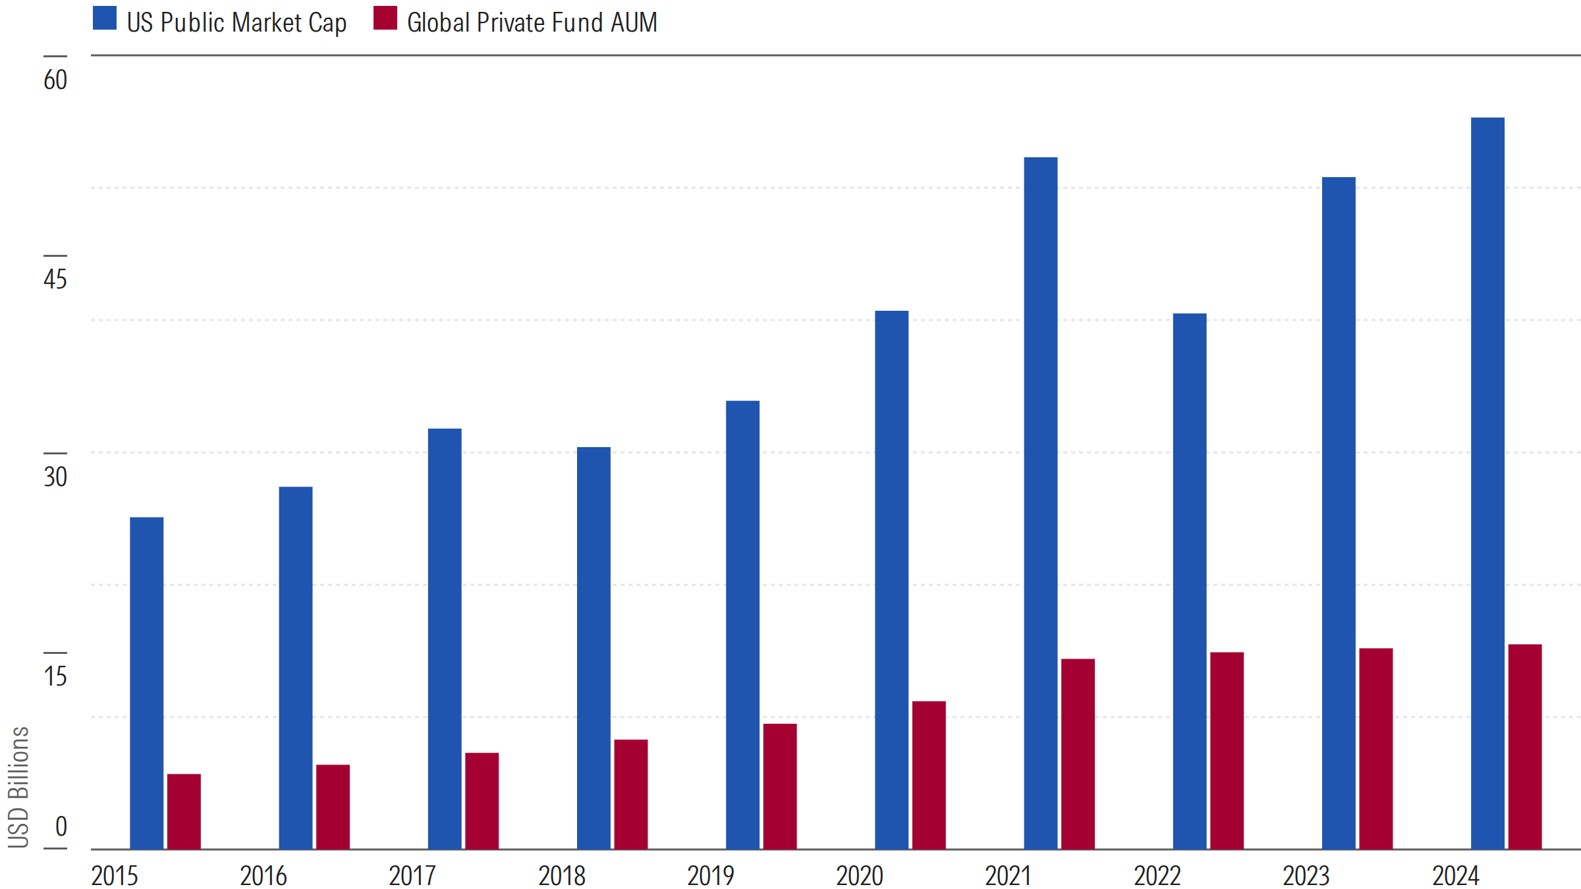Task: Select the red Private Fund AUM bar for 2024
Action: click(x=1525, y=747)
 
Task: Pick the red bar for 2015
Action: click(x=184, y=811)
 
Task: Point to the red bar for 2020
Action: click(x=929, y=775)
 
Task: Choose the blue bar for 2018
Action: click(x=594, y=648)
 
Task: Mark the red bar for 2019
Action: click(x=780, y=786)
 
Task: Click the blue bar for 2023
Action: click(x=1339, y=513)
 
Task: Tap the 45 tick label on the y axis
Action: click(x=55, y=279)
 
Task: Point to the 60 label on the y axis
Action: click(x=55, y=80)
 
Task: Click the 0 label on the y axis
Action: click(x=61, y=826)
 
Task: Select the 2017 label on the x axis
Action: click(x=412, y=876)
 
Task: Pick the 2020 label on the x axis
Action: click(x=860, y=876)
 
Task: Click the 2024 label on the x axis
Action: click(x=1456, y=876)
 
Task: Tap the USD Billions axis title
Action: click(x=18, y=787)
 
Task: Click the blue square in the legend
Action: click(x=105, y=18)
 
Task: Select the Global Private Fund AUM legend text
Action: click(x=532, y=22)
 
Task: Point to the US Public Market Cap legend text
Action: click(x=236, y=22)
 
